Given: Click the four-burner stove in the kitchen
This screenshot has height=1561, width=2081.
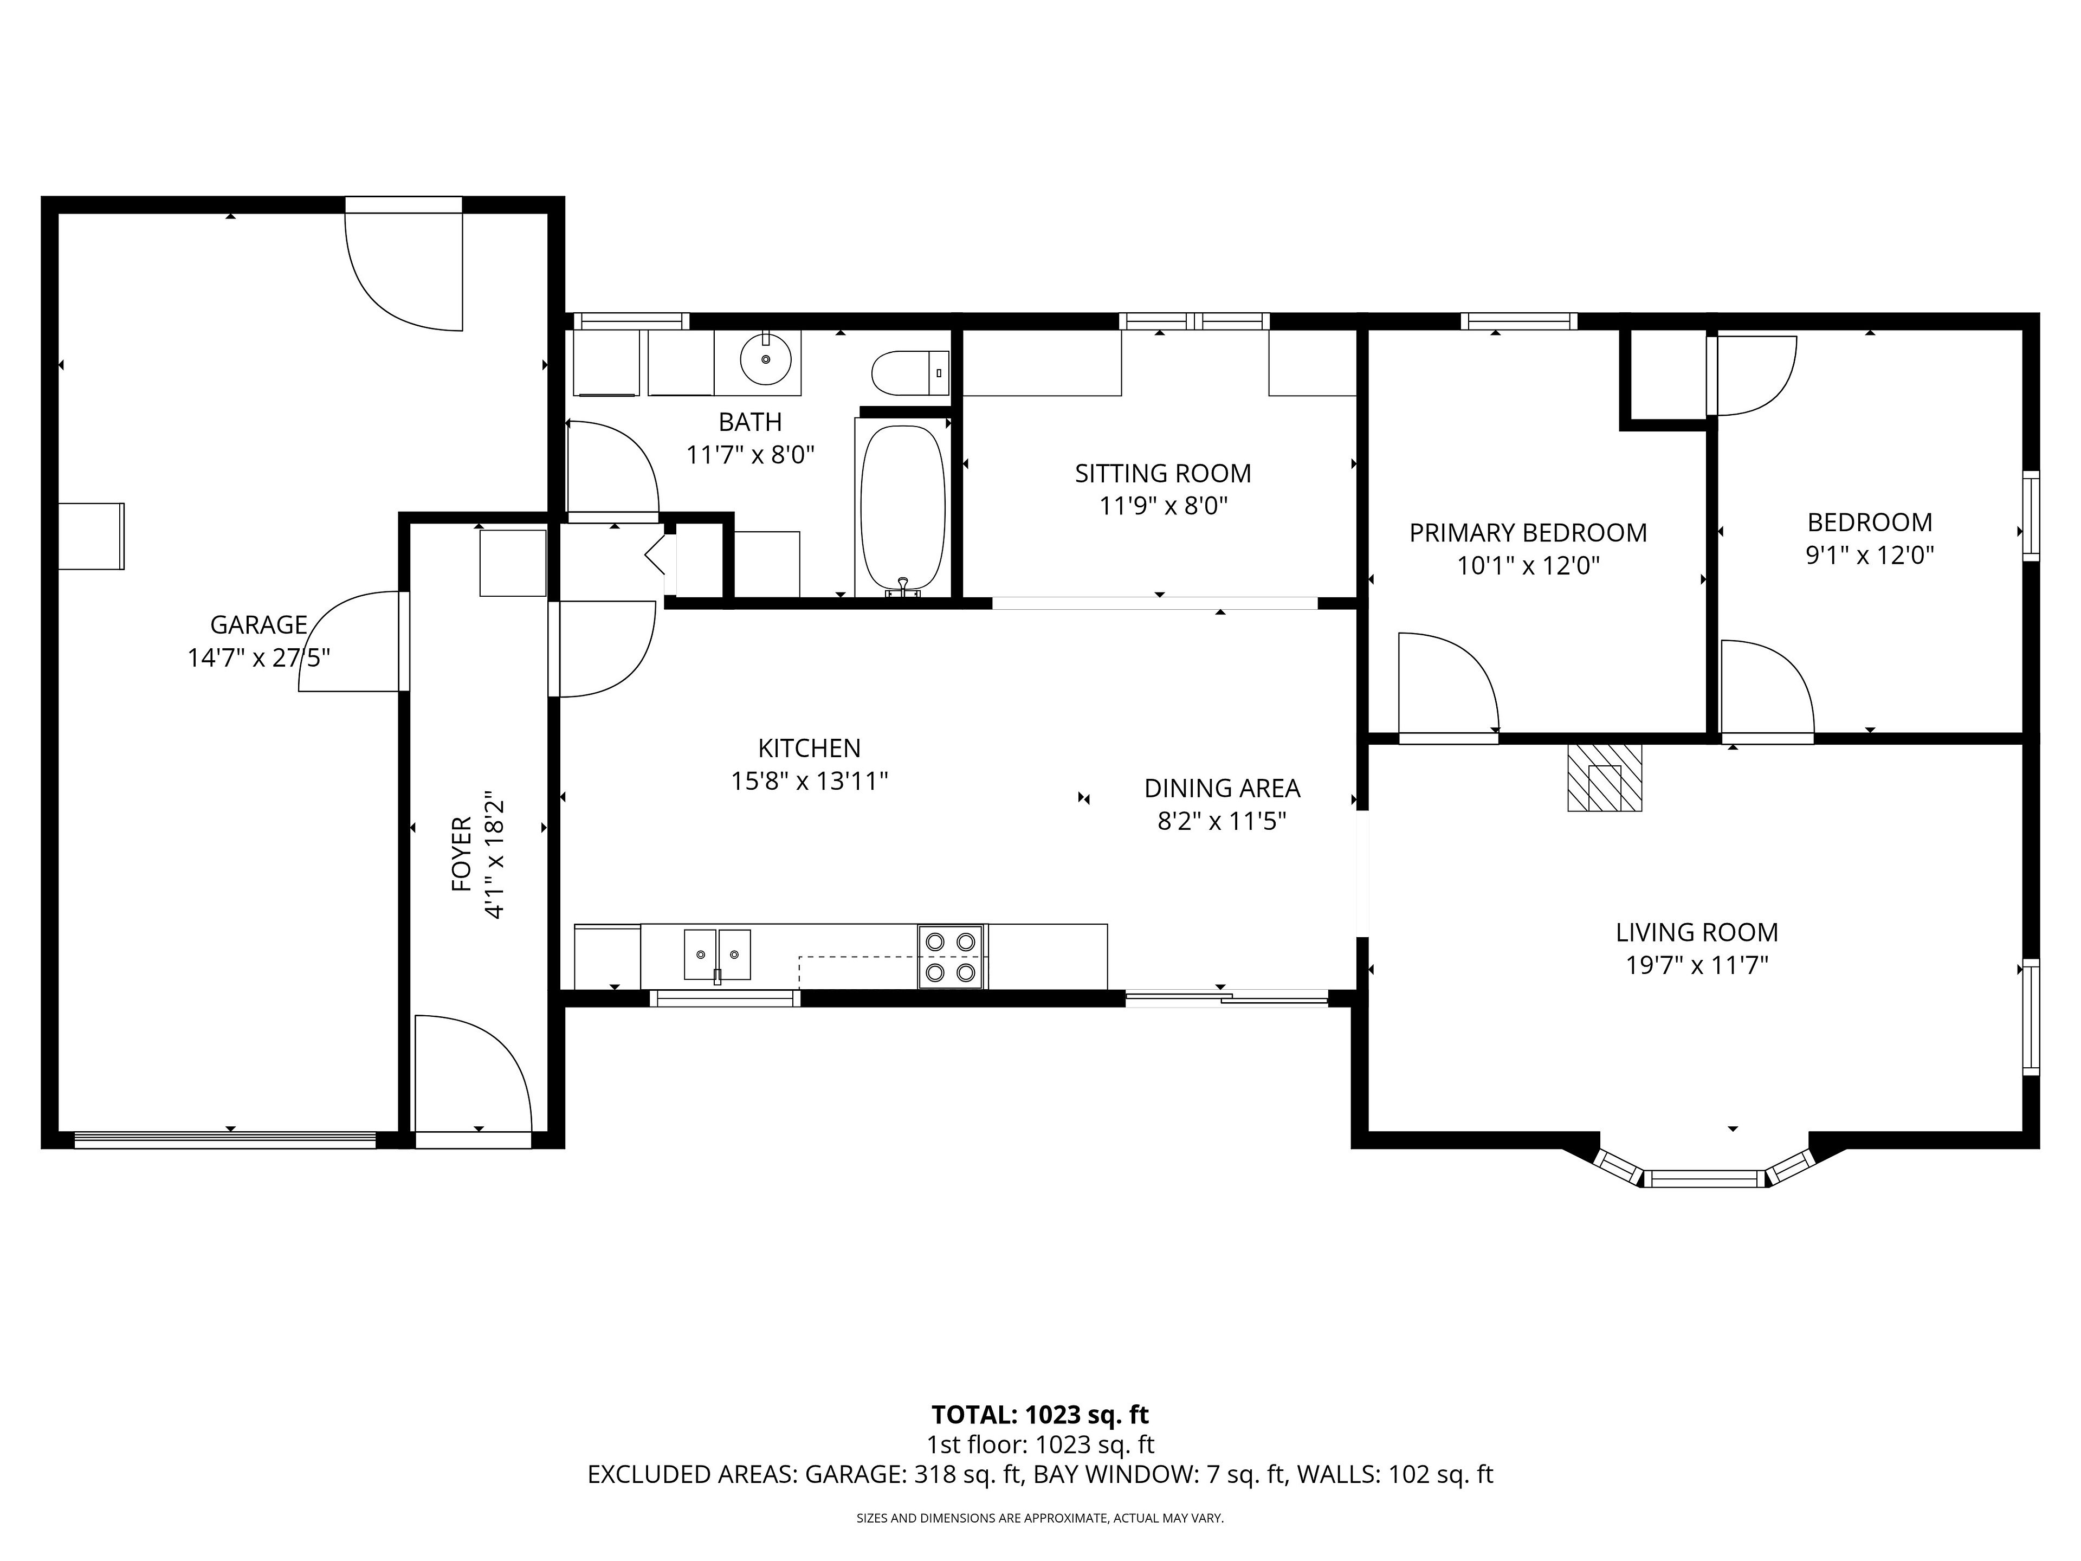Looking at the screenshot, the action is pos(951,957).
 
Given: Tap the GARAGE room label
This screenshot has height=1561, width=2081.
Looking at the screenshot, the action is pos(258,625).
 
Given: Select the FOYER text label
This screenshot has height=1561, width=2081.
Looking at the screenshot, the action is pos(462,854).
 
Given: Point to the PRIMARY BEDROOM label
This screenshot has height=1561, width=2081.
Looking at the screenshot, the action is pos(1528,533).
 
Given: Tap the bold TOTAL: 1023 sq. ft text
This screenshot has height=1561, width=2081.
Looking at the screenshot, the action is pos(1039,1414).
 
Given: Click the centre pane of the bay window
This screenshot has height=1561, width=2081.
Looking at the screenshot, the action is pos(1705,1177).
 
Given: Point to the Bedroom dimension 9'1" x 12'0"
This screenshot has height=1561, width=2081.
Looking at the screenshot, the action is pos(1869,555).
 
